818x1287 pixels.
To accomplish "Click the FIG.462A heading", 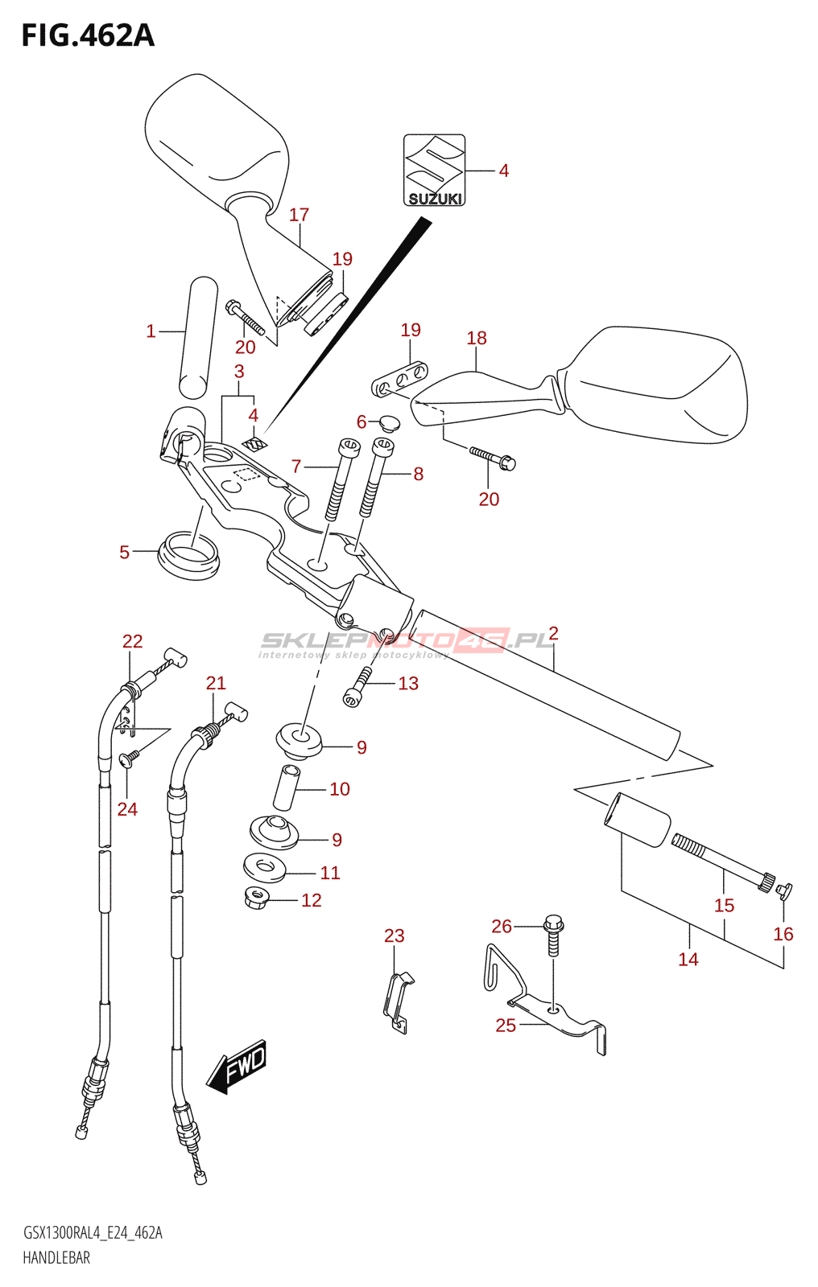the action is (88, 35).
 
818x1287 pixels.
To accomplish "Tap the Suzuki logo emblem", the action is (434, 170).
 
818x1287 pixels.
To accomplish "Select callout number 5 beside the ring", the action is (124, 552).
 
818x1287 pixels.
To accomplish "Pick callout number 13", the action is (408, 683).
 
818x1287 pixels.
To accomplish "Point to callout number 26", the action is (501, 926).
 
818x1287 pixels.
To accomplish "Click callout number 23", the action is (395, 935).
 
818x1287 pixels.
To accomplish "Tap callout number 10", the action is (340, 789).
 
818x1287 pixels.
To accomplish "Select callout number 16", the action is (783, 934).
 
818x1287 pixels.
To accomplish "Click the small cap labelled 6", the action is (389, 423).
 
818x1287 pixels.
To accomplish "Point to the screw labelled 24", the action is (129, 759).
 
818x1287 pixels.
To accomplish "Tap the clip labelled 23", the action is (398, 1002).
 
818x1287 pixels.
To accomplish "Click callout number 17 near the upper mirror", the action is (299, 215).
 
